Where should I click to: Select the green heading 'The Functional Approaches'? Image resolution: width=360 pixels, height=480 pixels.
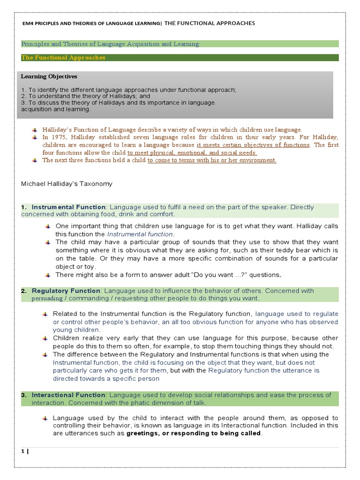pyautogui.click(x=63, y=58)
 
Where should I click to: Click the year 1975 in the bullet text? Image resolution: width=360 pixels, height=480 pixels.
pyautogui.click(x=58, y=137)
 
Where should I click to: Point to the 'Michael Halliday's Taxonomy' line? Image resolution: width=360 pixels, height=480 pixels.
pyautogui.click(x=67, y=184)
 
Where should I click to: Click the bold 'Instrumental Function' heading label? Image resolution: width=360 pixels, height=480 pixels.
pyautogui.click(x=69, y=207)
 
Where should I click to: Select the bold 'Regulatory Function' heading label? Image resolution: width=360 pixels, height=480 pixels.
pyautogui.click(x=66, y=291)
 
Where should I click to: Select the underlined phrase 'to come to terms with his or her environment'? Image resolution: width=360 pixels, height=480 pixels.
pyautogui.click(x=212, y=160)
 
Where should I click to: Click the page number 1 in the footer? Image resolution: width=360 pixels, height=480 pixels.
pyautogui.click(x=22, y=451)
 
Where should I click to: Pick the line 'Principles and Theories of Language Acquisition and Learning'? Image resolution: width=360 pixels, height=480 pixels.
pyautogui.click(x=110, y=44)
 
